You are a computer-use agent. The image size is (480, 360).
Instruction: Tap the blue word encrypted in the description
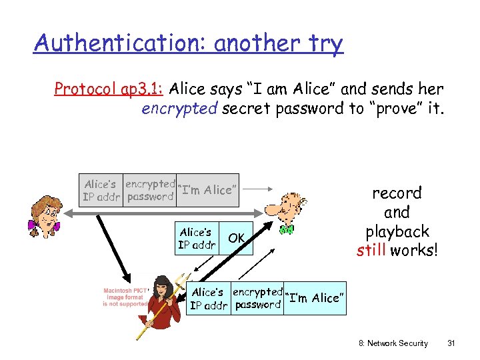pyautogui.click(x=179, y=109)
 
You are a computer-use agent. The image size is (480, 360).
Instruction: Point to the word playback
pyautogui.click(x=397, y=232)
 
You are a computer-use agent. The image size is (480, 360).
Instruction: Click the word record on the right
pyautogui.click(x=397, y=193)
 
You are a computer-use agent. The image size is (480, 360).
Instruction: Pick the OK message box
pyautogui.click(x=237, y=238)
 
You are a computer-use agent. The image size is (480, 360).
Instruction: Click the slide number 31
pyautogui.click(x=451, y=343)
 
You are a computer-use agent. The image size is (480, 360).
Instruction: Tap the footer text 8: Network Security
pyautogui.click(x=393, y=343)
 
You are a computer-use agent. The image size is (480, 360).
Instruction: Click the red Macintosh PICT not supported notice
pyautogui.click(x=125, y=297)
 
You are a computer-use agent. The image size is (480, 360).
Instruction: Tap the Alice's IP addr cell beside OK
pyautogui.click(x=196, y=238)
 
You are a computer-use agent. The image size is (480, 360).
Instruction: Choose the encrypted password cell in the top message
pyautogui.click(x=150, y=191)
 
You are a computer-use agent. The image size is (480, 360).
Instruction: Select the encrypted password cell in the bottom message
pyautogui.click(x=257, y=298)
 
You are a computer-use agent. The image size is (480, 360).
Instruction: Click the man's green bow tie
pyautogui.click(x=287, y=229)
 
